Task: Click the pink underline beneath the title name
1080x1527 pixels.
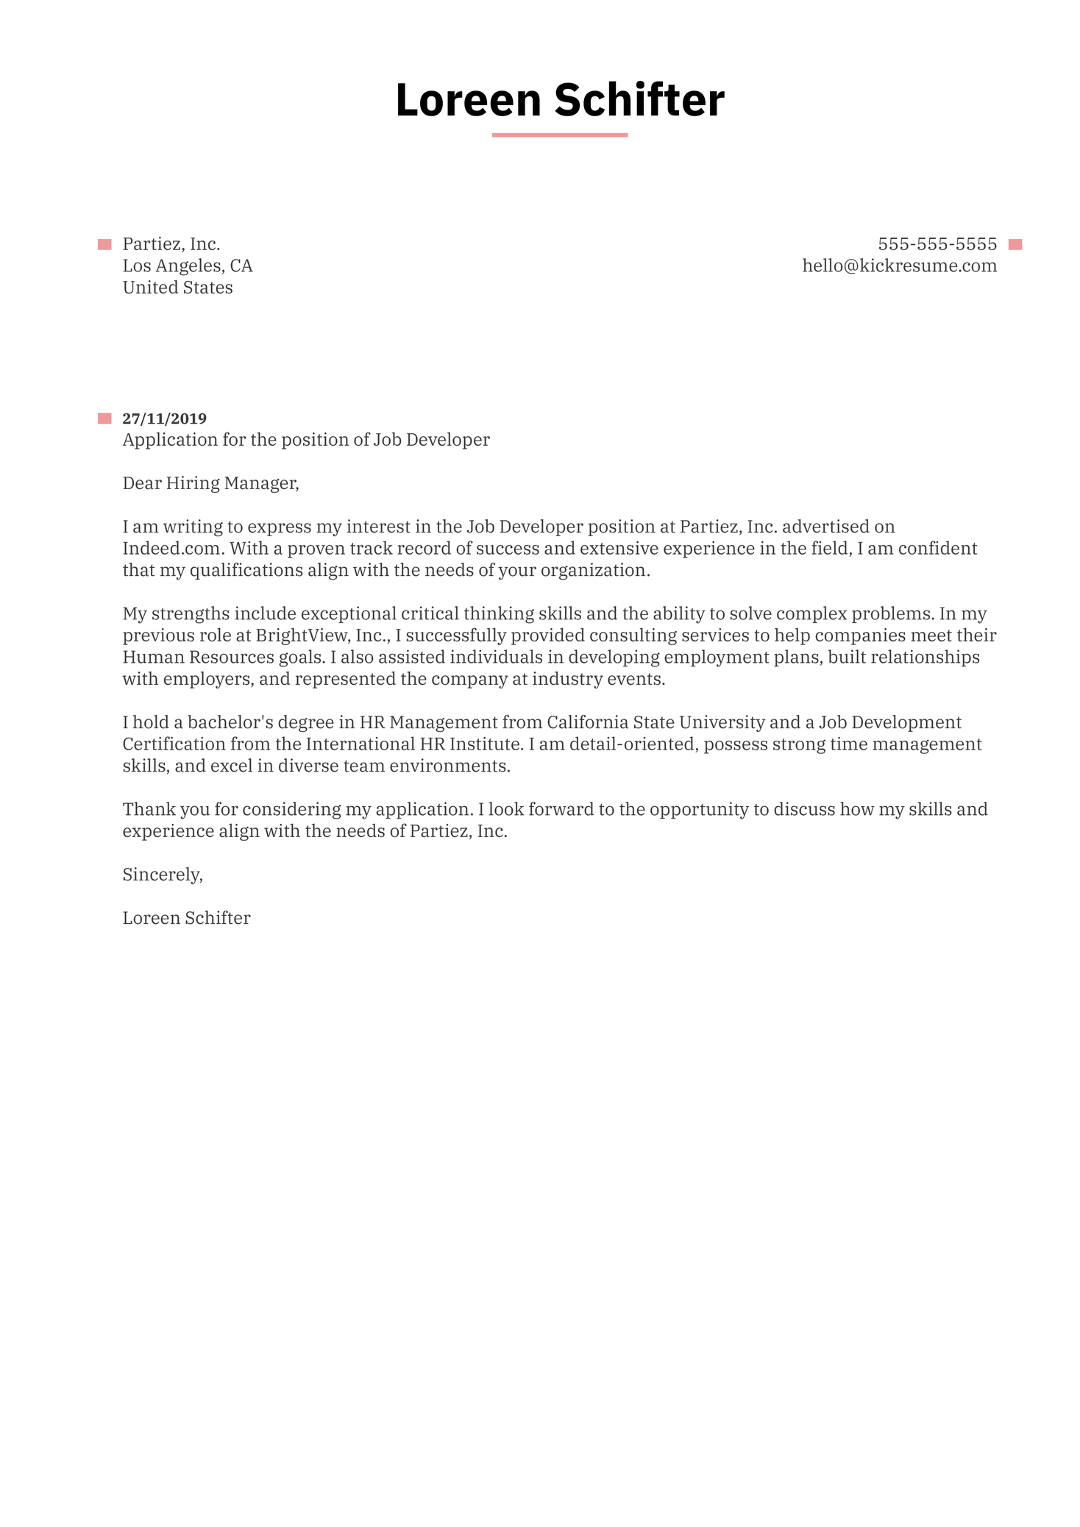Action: (559, 135)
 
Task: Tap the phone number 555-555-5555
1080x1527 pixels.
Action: (937, 244)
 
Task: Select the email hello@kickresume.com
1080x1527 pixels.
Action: (899, 266)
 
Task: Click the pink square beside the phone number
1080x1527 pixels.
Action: (1015, 245)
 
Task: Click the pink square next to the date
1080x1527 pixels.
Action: (104, 419)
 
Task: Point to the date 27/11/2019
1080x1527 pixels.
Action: (164, 419)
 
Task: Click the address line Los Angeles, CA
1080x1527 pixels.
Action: (188, 266)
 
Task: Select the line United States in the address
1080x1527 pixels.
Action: (177, 288)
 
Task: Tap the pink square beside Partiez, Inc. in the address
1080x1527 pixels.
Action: (104, 245)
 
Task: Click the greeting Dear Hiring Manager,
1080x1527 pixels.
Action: (210, 483)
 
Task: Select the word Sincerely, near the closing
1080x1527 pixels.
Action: (162, 875)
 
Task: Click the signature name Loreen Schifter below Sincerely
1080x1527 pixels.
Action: (186, 918)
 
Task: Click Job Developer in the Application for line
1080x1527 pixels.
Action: (431, 440)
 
